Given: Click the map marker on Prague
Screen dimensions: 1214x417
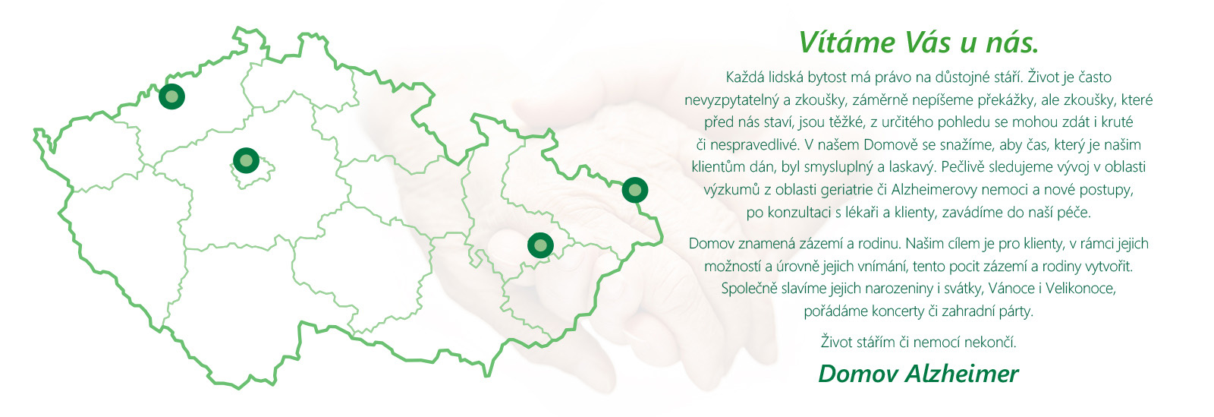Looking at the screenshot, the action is [246, 160].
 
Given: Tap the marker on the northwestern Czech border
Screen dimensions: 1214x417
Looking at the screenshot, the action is [171, 96].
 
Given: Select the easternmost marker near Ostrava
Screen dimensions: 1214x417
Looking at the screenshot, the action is [634, 190].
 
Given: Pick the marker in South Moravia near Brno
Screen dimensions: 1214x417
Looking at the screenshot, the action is [540, 245].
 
